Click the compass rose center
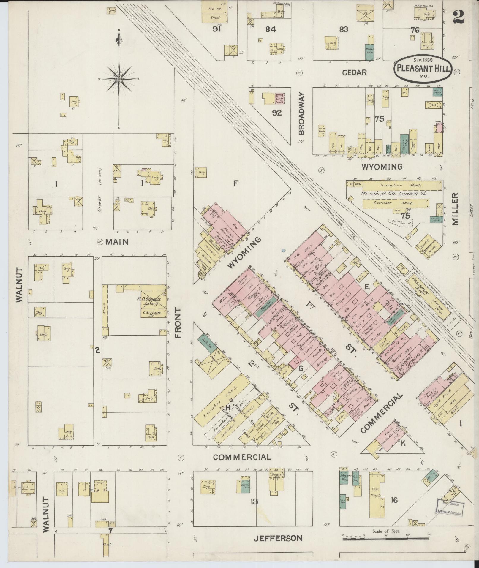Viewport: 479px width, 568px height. tap(119, 79)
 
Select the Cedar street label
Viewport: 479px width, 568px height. tap(354, 72)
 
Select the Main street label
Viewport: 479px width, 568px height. tap(116, 242)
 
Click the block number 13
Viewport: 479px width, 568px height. tap(254, 502)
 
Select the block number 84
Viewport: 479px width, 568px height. tap(271, 29)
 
